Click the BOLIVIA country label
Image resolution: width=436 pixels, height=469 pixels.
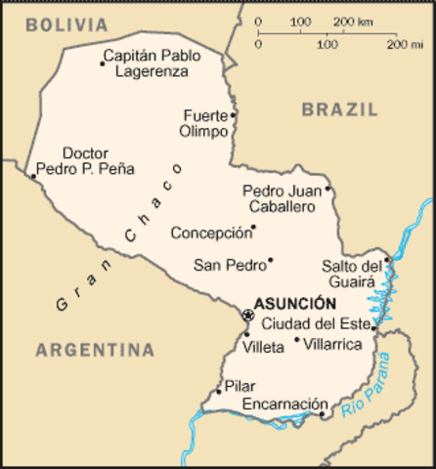coord(67,23)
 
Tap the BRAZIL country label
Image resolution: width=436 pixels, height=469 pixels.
coord(339,110)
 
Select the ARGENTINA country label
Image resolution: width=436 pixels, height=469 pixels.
coord(95,349)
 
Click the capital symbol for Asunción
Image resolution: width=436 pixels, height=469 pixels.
coord(246,315)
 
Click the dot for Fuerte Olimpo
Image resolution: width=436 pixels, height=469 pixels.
coord(234,114)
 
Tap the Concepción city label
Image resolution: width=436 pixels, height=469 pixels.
coord(208,234)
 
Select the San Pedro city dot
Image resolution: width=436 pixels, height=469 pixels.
coord(271,260)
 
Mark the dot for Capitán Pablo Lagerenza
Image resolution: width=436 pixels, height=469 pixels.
coord(103,64)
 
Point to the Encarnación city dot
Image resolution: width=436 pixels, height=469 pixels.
coord(323,414)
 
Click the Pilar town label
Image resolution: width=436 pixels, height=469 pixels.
coord(239,386)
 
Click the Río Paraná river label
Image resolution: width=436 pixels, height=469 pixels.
coord(372,389)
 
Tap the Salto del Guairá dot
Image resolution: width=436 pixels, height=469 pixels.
coord(387,259)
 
